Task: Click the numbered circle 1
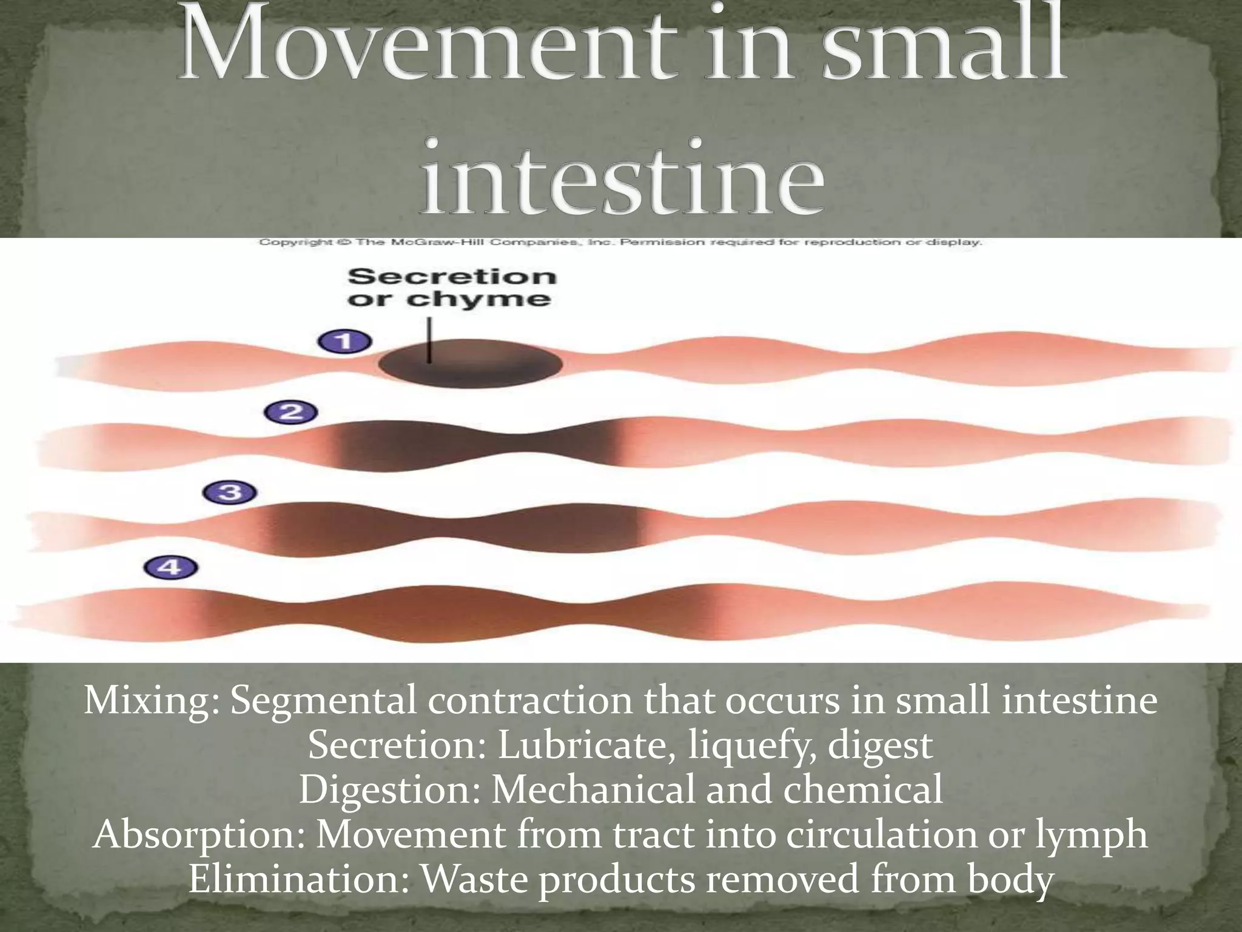pos(344,342)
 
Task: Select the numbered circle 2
pos(291,413)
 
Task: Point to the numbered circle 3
pos(230,492)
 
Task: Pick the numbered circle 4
pos(170,568)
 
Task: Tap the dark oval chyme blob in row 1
pos(470,363)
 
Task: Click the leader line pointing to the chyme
pos(429,340)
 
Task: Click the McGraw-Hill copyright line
pos(620,243)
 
